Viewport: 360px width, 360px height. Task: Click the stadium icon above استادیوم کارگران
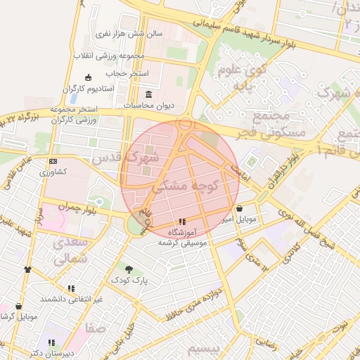[88, 77]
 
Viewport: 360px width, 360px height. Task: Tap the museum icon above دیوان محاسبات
[148, 94]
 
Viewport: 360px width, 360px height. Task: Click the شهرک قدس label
[150, 156]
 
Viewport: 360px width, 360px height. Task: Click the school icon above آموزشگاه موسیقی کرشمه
[182, 221]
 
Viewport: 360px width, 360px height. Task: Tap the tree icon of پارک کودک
[128, 269]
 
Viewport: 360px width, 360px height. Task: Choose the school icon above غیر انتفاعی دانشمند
[71, 288]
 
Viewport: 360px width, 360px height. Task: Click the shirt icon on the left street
[27, 269]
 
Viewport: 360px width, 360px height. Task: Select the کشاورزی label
[53, 172]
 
